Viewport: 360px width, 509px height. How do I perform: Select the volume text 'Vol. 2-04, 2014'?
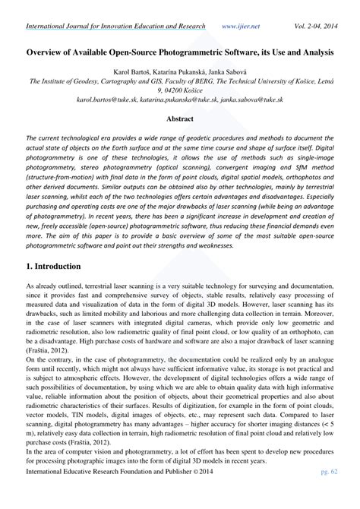pos(313,26)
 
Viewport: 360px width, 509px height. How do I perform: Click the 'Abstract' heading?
pos(180,119)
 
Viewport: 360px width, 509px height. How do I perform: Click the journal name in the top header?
pos(115,26)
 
